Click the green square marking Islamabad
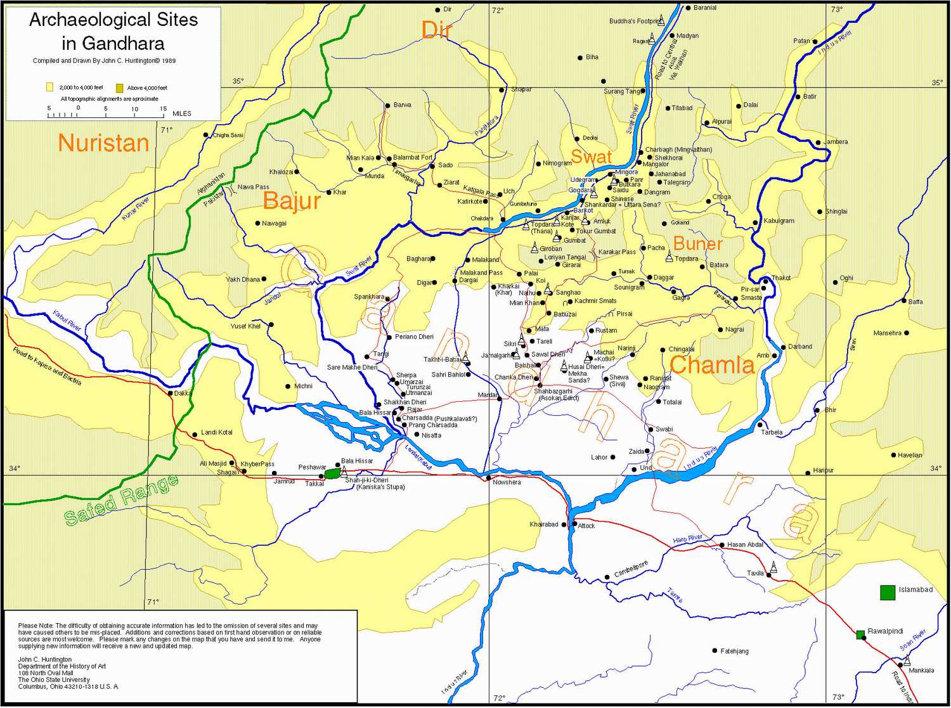[x=887, y=592]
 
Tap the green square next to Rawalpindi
[x=860, y=634]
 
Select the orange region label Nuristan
[x=103, y=143]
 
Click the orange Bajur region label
[x=292, y=201]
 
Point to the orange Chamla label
[x=711, y=365]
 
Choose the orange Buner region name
[x=697, y=243]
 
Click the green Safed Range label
[x=121, y=500]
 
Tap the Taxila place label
[x=755, y=573]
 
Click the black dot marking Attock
[x=574, y=524]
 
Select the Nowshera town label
[x=507, y=482]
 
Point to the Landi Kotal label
[x=217, y=432]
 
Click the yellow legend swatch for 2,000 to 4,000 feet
[x=49, y=87]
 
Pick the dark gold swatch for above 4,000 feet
[x=119, y=87]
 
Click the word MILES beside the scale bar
[x=181, y=113]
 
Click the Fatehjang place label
[x=734, y=651]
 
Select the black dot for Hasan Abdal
[x=722, y=544]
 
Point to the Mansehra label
[x=887, y=333]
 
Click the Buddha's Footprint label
[x=633, y=21]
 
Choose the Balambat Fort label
[x=412, y=157]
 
